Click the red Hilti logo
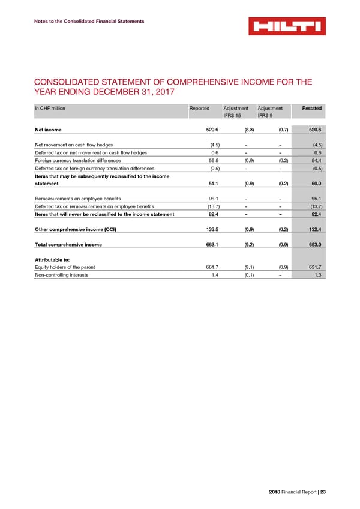pos(287,26)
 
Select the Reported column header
pos(199,108)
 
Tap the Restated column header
pos(311,108)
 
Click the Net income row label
pos(48,129)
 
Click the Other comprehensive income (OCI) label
pos(76,229)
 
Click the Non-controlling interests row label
pos(62,274)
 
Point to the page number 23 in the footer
pos(323,493)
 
